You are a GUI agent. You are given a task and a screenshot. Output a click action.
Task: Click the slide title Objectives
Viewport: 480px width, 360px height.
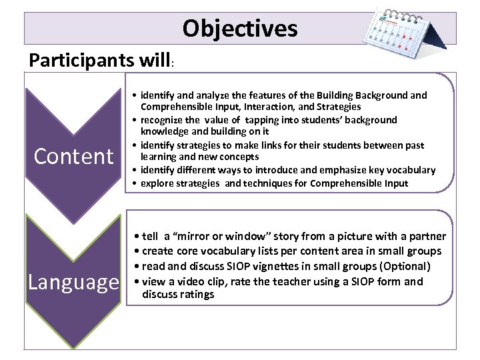click(x=240, y=28)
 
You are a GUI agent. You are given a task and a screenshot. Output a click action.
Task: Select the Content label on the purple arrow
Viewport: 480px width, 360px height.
click(x=74, y=156)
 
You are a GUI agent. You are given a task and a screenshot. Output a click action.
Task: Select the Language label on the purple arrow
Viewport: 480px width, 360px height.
click(x=73, y=282)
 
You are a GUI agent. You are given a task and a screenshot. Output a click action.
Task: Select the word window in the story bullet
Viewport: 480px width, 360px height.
click(x=266, y=236)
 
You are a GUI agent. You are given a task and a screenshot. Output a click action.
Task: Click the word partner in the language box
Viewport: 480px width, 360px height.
click(x=425, y=236)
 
